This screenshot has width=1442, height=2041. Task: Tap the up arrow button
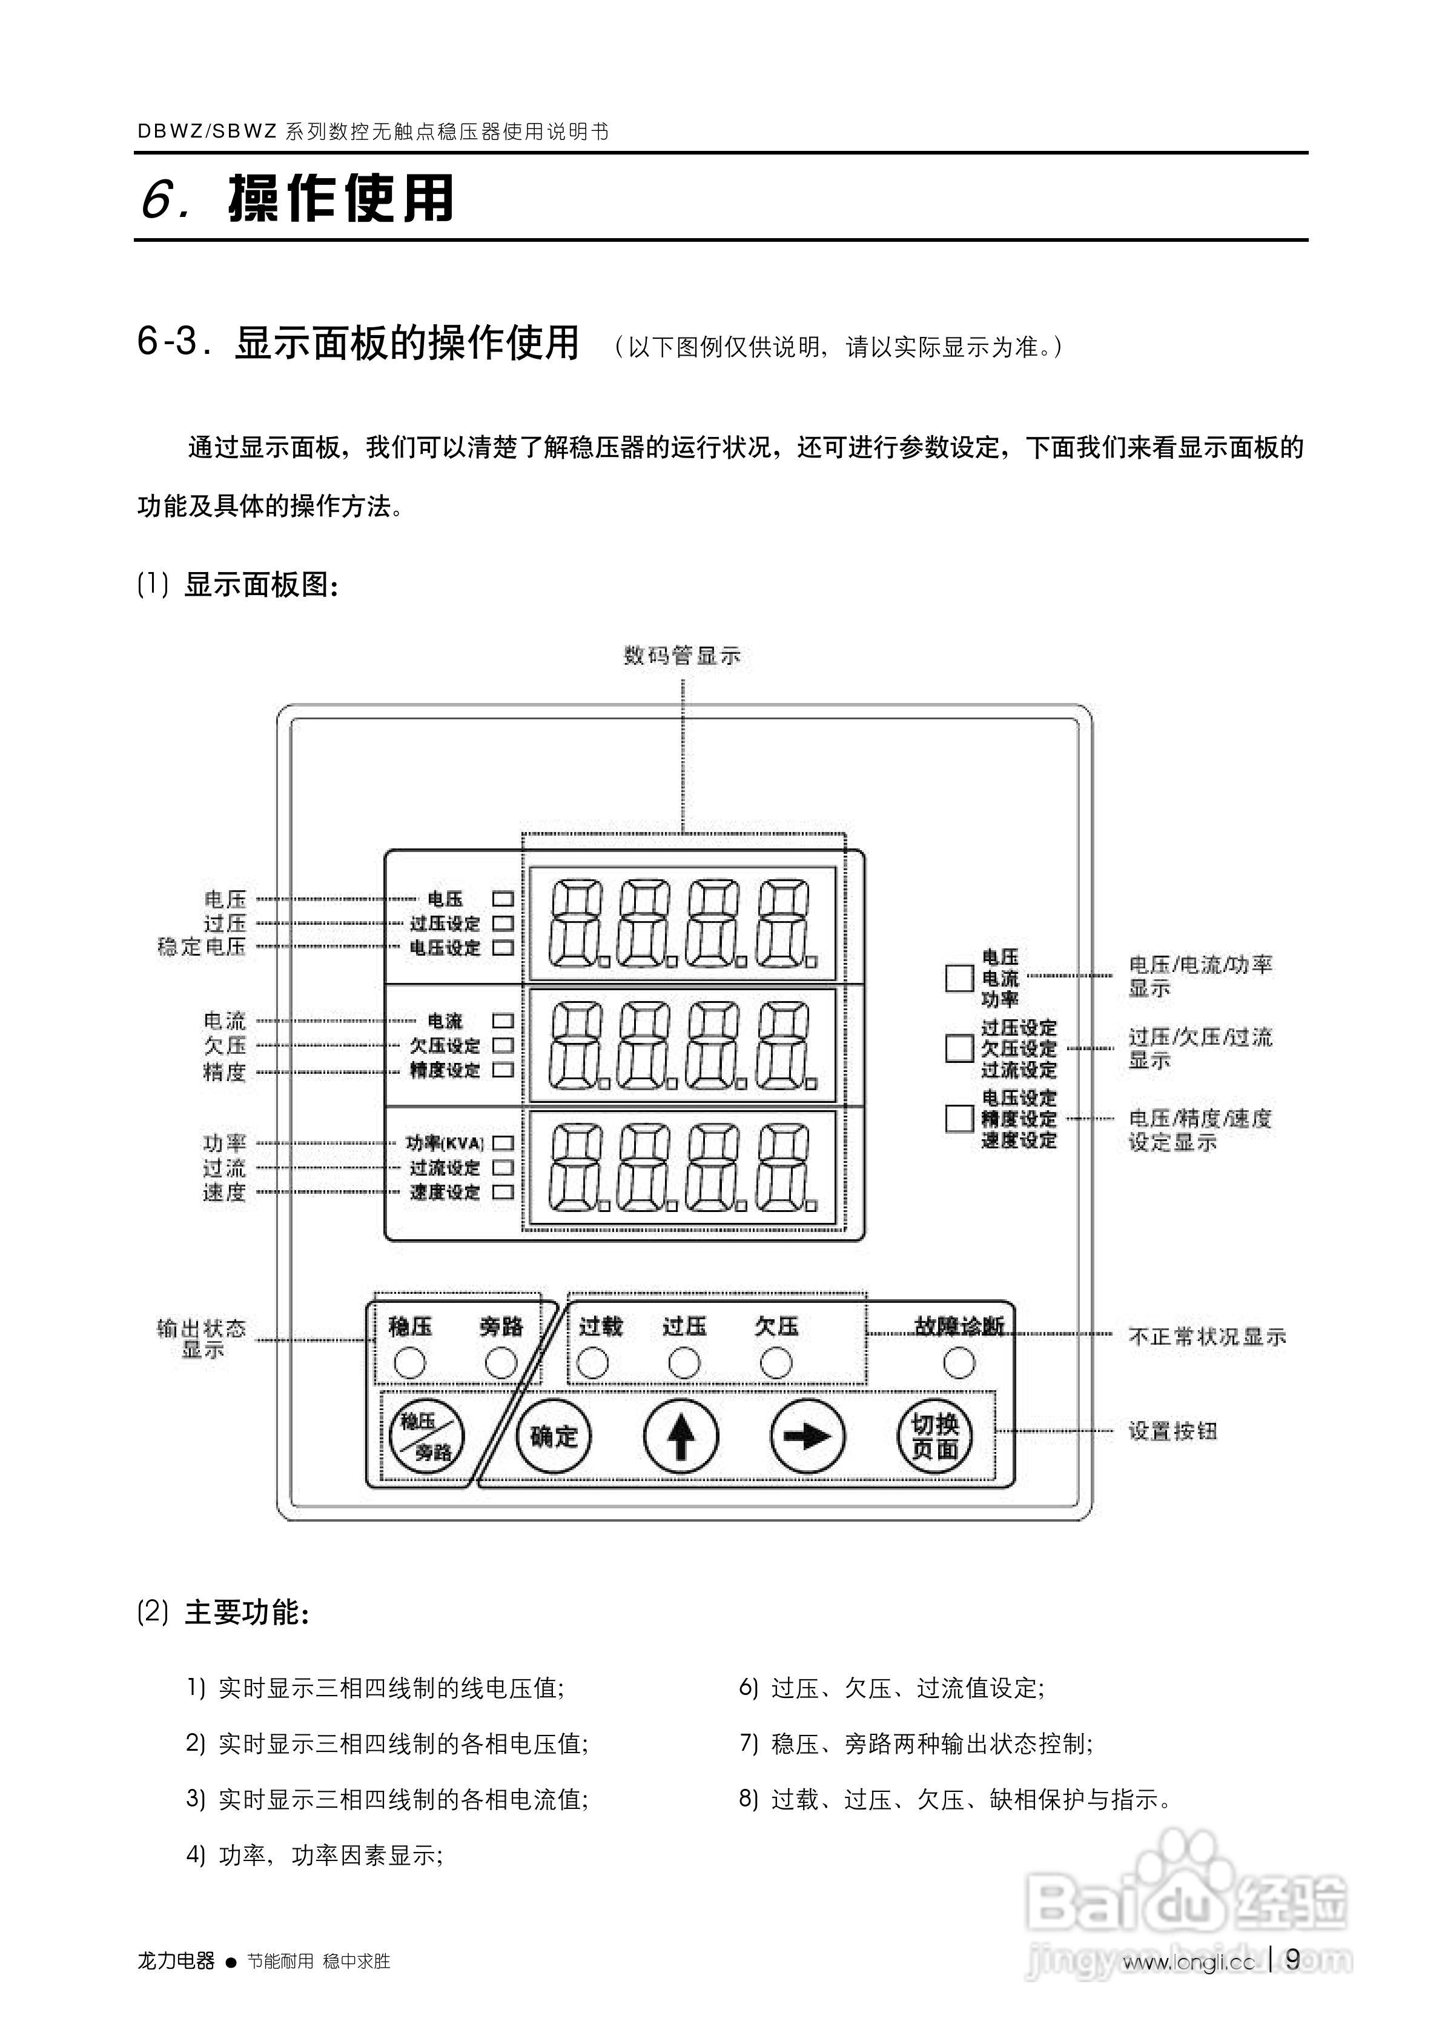(x=681, y=1437)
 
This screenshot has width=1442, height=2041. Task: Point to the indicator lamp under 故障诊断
(x=959, y=1363)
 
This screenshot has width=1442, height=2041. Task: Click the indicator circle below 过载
(x=593, y=1363)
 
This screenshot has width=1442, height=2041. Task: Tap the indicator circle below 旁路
(x=501, y=1363)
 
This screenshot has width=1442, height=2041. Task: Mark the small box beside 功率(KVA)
(x=503, y=1143)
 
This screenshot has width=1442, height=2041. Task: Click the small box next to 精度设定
(x=503, y=1070)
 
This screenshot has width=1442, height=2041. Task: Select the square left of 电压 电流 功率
(x=959, y=978)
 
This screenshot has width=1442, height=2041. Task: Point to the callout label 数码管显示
(x=681, y=656)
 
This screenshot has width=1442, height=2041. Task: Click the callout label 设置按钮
(x=1172, y=1431)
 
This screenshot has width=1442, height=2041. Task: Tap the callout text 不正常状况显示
(x=1206, y=1337)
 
